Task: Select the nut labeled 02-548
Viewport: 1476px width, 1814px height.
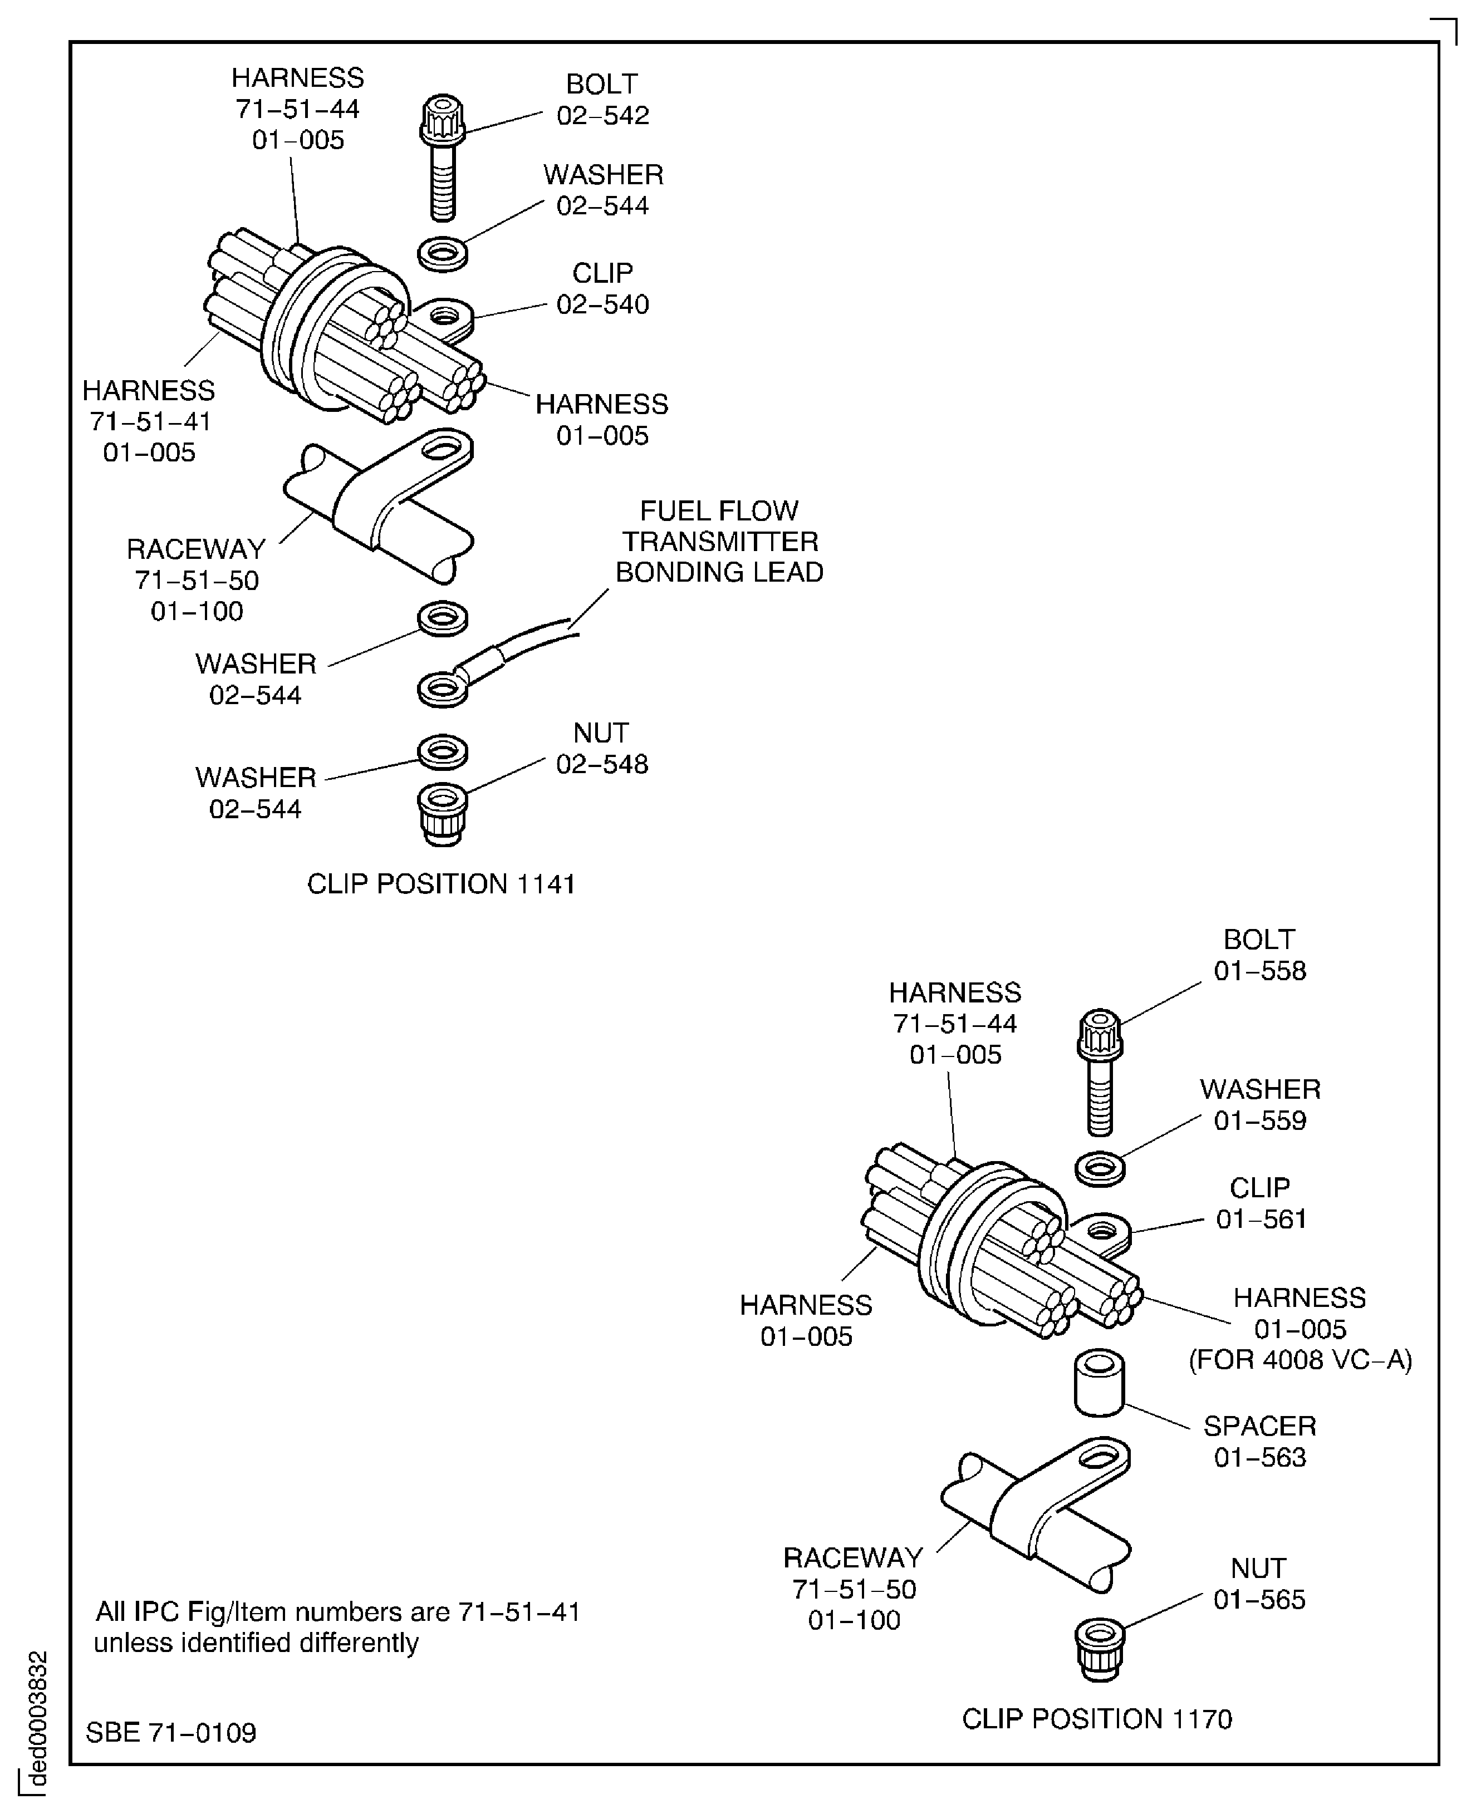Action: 442,814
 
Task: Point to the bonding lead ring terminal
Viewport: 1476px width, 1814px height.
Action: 442,689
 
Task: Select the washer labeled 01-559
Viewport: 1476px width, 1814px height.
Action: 1100,1168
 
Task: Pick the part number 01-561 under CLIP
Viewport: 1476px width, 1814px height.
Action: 1260,1219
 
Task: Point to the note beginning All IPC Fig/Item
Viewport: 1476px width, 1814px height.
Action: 337,1627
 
